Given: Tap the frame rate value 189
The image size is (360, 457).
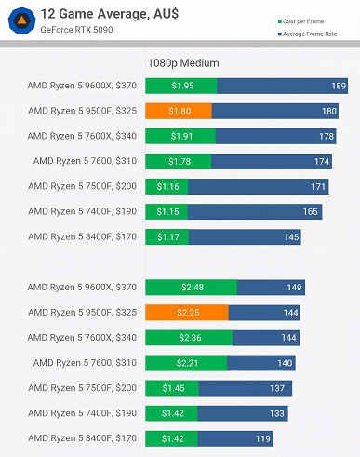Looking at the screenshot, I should click(339, 87).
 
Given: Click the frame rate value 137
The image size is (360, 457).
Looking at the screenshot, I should click(276, 387).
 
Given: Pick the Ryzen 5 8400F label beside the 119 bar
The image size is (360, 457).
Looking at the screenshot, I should click(82, 437).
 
